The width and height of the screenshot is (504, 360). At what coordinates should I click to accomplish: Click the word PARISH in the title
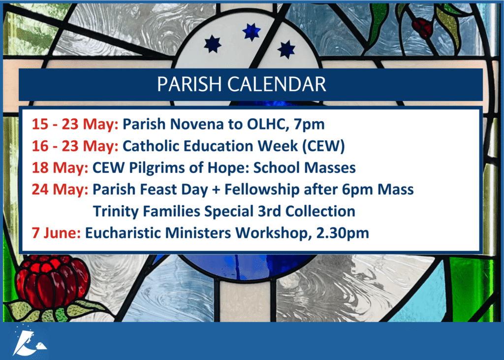coord(190,84)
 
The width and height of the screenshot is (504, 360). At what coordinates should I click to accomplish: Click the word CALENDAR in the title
coord(277,84)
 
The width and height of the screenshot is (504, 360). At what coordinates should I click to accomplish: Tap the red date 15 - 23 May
coord(75,124)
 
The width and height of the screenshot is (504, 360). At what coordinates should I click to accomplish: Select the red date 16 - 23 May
coord(75,146)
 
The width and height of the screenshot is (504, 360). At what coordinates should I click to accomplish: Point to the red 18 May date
coord(60,168)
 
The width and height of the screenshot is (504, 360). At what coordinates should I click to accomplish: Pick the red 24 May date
coord(60,190)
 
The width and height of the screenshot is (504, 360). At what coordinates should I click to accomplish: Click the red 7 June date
coord(56,233)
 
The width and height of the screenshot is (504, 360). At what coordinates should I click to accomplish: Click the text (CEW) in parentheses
coord(323,146)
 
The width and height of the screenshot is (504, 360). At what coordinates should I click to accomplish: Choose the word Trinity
coord(116,212)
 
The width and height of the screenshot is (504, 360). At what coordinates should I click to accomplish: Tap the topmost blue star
coord(252,32)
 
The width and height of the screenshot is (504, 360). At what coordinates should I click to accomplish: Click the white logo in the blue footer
coord(30,341)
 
